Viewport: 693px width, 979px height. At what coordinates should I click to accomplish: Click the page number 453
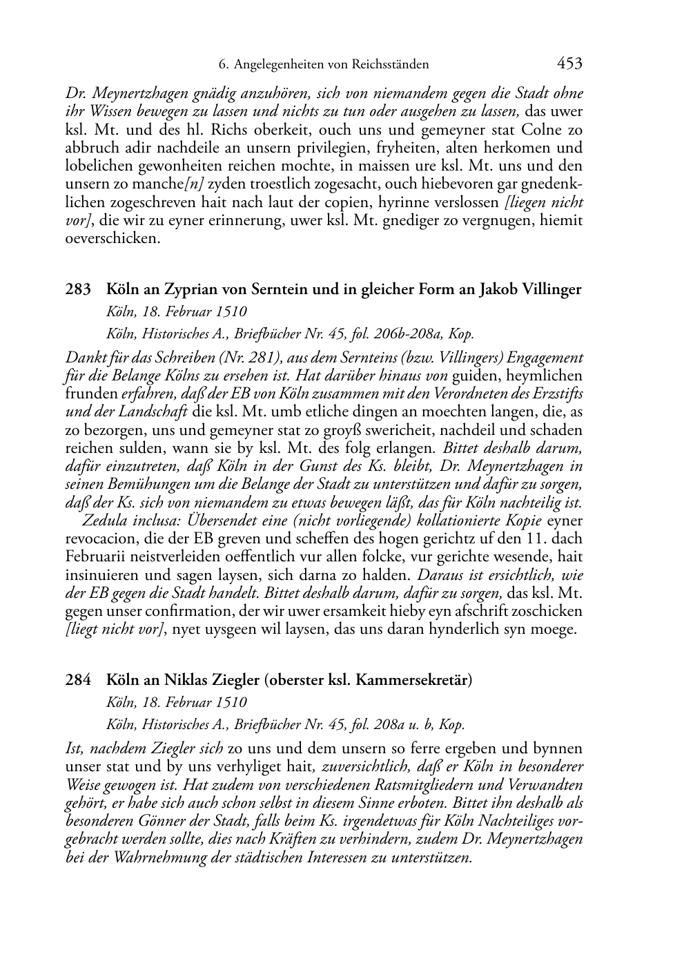(569, 64)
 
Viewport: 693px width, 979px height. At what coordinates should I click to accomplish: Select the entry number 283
(78, 290)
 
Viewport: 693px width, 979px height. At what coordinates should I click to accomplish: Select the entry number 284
(78, 680)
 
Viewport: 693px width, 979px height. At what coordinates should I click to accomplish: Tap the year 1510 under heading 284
(229, 703)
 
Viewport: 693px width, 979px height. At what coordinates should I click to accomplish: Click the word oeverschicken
(113, 239)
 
